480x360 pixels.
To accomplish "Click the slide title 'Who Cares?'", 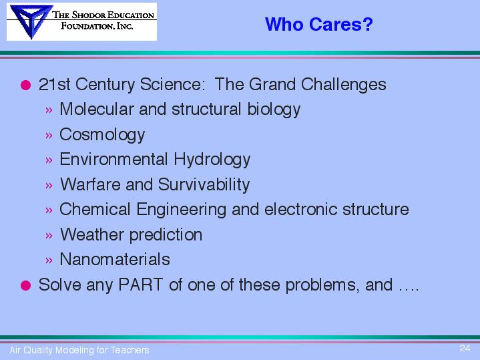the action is (318, 24).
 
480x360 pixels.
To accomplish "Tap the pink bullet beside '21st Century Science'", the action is (26, 85).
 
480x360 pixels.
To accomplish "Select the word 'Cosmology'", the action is (102, 135).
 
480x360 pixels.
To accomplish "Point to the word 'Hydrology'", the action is (212, 160).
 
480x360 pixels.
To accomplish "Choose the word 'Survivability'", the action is (204, 185).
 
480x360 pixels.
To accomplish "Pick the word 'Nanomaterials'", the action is (115, 259).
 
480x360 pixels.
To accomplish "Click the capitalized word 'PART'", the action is (140, 285).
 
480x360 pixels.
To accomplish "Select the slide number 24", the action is (465, 348).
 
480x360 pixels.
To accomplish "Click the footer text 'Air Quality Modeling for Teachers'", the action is (79, 350).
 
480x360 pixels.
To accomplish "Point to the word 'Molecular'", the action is (97, 109).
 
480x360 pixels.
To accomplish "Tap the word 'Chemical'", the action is (95, 209).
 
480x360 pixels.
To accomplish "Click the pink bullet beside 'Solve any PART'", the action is (26, 285).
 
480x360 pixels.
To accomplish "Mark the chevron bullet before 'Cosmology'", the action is (49, 135).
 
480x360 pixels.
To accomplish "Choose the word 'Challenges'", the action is (343, 85).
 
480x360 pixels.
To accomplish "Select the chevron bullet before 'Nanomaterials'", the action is (49, 260).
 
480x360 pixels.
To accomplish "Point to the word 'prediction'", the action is (166, 235).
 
